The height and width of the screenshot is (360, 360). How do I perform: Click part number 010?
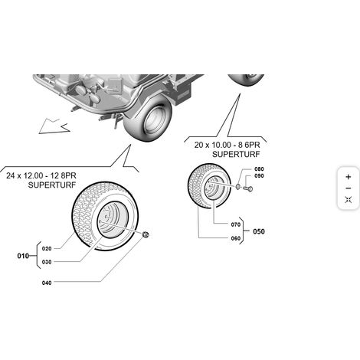(x=23, y=256)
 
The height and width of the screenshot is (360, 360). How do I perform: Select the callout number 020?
(x=47, y=248)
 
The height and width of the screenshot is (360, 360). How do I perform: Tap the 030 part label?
(x=47, y=262)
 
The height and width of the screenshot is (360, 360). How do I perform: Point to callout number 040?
(x=47, y=283)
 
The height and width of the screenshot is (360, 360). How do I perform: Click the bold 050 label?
(x=259, y=231)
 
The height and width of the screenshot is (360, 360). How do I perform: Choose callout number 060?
(x=236, y=238)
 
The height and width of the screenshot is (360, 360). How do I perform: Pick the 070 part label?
(x=236, y=224)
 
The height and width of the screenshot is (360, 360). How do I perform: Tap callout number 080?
(x=259, y=169)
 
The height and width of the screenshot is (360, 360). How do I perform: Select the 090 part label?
(x=259, y=176)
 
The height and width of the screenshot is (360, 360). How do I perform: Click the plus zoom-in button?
(x=349, y=177)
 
